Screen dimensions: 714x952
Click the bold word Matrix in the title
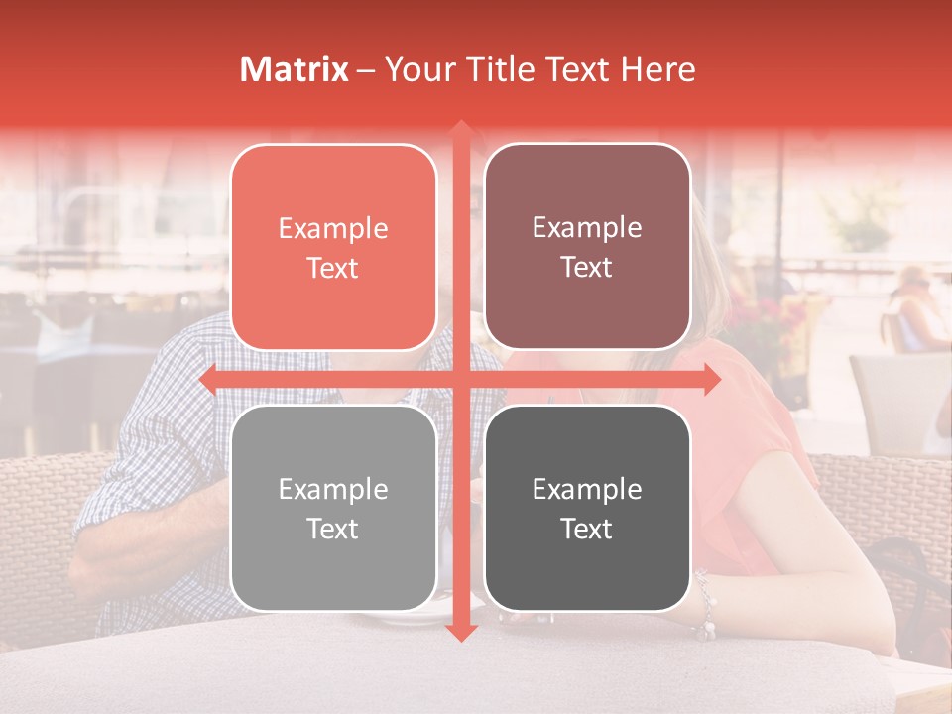point(295,69)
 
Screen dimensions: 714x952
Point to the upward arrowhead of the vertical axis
point(460,130)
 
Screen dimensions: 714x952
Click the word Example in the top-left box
point(333,229)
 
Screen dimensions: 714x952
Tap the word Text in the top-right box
point(587,268)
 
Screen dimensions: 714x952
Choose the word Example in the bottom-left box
point(333,490)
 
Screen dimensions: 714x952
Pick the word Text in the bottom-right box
point(587,530)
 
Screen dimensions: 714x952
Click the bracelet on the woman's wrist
point(705,605)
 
